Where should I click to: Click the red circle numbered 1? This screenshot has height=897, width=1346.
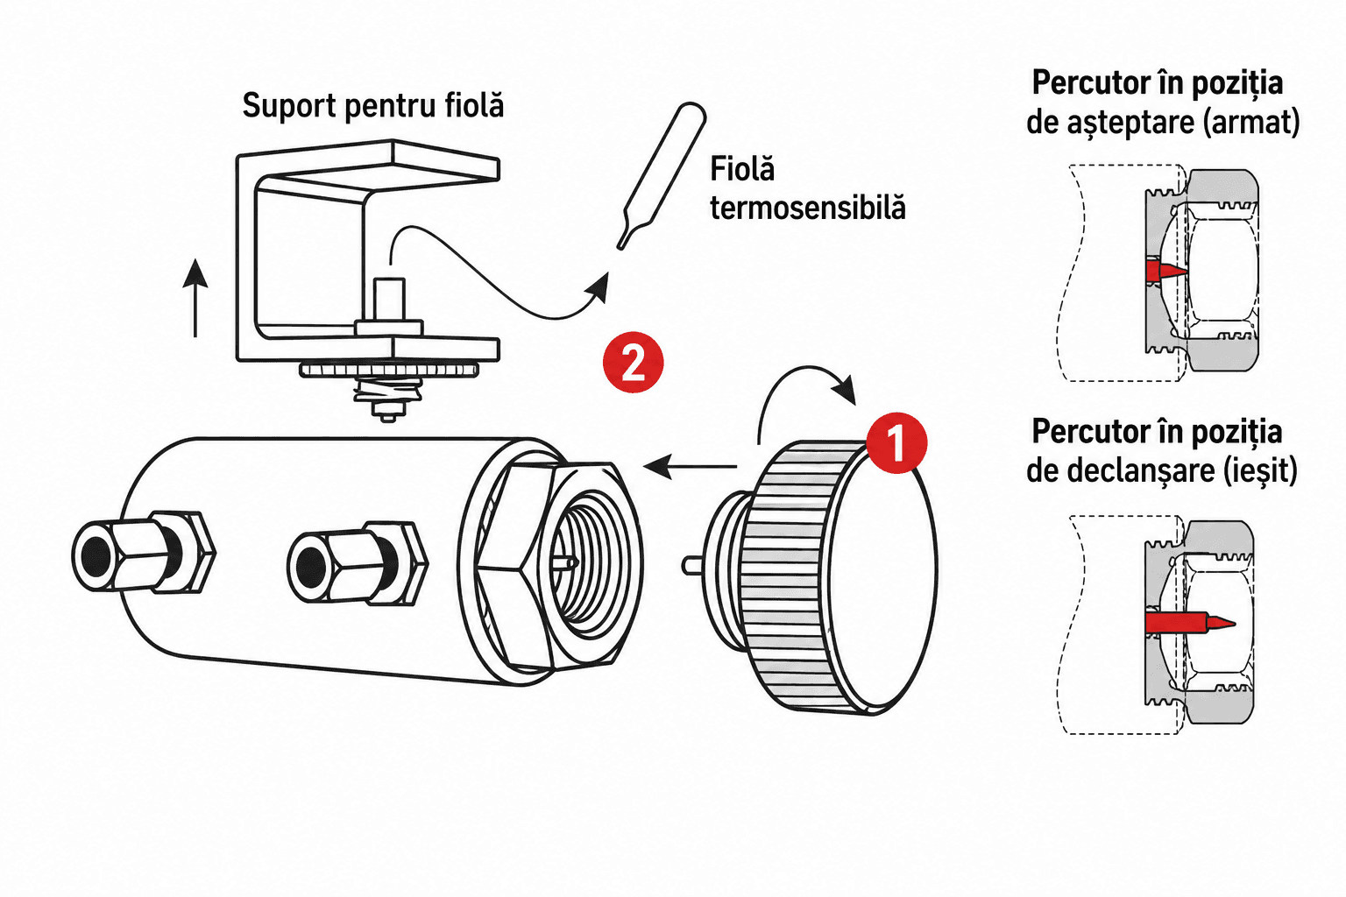point(896,442)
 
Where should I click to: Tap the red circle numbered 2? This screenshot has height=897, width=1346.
point(633,363)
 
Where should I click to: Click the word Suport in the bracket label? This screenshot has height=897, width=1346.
point(289,106)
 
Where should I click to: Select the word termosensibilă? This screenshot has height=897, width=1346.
point(807,208)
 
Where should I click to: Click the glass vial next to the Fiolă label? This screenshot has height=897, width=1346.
point(662,175)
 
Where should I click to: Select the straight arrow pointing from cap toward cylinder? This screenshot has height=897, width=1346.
point(690,466)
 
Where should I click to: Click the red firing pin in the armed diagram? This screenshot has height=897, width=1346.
point(1165,270)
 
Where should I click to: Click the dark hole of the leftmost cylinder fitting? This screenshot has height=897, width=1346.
point(95,555)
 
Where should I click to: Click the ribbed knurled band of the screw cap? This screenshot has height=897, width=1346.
point(787,576)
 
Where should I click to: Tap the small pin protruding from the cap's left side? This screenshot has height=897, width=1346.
point(691,565)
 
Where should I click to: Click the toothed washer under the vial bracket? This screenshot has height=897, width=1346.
point(389,370)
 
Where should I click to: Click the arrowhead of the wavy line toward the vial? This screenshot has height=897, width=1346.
point(599,288)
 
